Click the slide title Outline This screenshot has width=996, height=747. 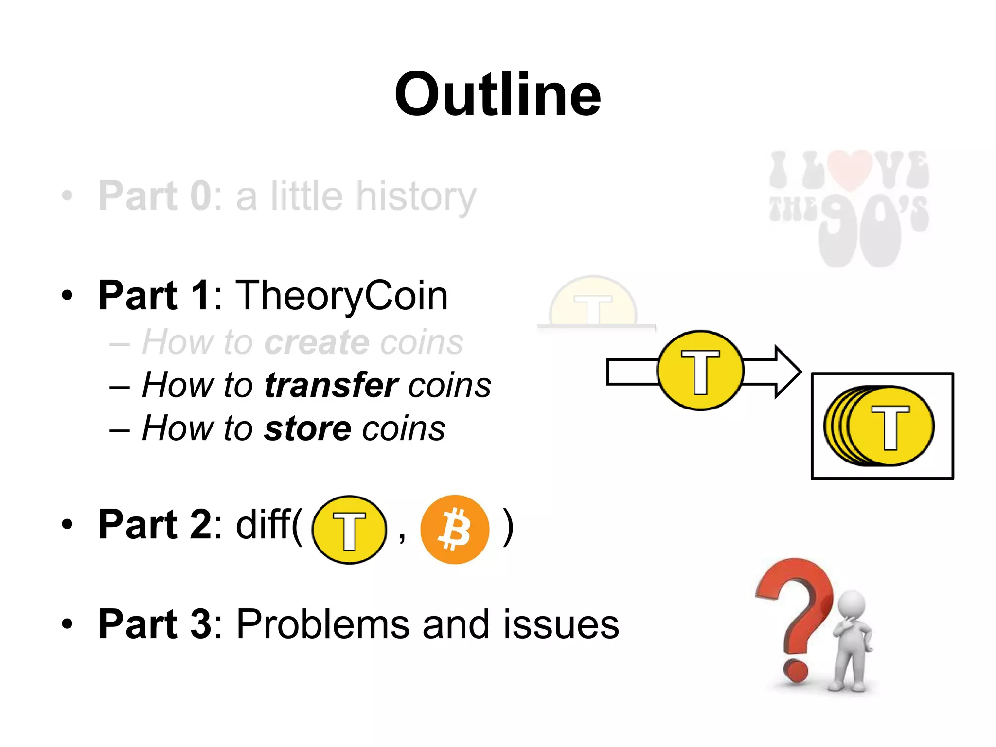pyautogui.click(x=498, y=94)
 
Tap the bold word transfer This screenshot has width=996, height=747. pyautogui.click(x=331, y=385)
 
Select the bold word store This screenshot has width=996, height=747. pyautogui.click(x=307, y=428)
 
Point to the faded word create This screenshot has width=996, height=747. pyautogui.click(x=317, y=342)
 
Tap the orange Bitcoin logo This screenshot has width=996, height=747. pyautogui.click(x=455, y=529)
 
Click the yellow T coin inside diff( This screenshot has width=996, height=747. pyautogui.click(x=349, y=530)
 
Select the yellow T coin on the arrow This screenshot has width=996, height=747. pyautogui.click(x=700, y=371)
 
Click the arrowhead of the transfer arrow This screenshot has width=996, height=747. pyautogui.click(x=786, y=372)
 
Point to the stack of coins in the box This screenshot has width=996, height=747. pyautogui.click(x=879, y=426)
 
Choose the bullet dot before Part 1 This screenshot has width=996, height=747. pyautogui.click(x=67, y=295)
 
